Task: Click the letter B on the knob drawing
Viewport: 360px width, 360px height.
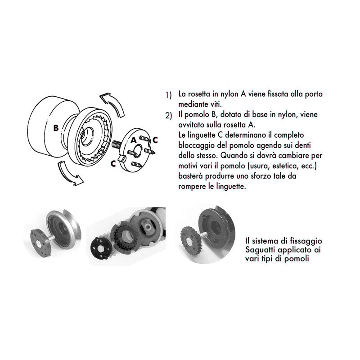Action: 56,128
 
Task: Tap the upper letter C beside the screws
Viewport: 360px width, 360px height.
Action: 155,139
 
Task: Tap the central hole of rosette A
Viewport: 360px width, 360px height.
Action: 135,150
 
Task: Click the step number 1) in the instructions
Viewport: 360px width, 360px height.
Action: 169,95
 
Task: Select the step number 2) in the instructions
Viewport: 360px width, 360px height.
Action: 169,115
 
